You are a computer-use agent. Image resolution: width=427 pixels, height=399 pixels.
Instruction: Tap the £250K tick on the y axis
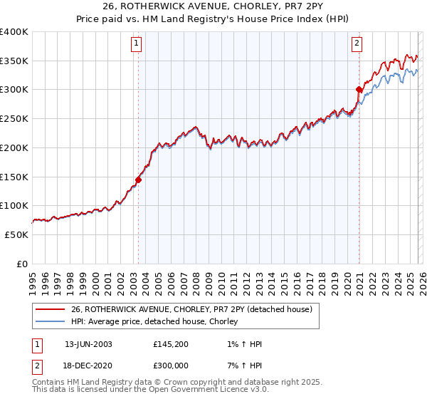[x=14, y=119]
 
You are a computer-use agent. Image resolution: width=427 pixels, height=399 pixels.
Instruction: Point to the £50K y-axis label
[x=17, y=234]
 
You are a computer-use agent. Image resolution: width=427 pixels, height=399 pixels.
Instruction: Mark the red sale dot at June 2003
[x=138, y=180]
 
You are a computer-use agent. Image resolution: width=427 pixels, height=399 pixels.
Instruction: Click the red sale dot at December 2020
[x=359, y=89]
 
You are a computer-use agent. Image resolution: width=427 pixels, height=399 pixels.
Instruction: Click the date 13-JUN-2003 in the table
[x=88, y=344]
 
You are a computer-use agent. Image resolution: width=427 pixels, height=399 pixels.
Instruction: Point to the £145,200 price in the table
[x=169, y=344]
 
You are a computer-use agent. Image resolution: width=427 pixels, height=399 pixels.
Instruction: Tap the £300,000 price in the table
[x=169, y=365]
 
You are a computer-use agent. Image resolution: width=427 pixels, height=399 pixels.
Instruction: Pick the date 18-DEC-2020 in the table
[x=88, y=365]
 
